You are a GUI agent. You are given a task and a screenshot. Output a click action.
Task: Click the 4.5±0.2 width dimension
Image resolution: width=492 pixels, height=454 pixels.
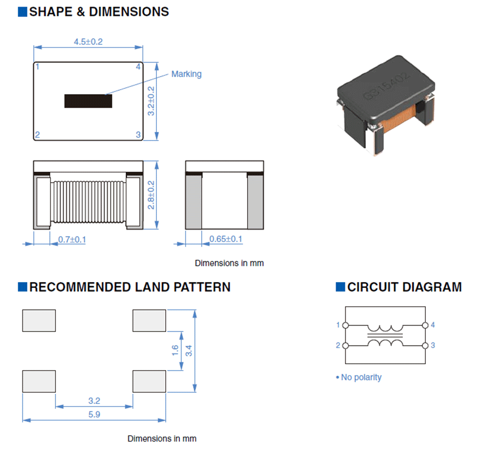[89, 42]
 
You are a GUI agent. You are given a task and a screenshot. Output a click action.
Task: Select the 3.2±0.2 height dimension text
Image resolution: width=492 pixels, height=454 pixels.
[151, 101]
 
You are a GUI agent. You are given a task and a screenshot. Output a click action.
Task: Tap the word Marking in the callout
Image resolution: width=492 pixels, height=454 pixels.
[186, 74]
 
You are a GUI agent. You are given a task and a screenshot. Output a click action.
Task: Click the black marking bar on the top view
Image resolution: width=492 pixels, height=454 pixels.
[88, 101]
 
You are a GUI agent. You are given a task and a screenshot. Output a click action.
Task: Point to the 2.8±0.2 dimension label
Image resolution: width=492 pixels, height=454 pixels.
[151, 195]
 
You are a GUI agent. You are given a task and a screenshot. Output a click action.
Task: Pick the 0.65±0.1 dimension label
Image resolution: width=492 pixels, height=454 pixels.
[226, 239]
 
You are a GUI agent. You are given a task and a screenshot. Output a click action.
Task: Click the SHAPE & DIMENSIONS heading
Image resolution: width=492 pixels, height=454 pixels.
[99, 11]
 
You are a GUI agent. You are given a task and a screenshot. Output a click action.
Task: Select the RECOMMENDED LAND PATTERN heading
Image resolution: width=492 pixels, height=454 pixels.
[130, 287]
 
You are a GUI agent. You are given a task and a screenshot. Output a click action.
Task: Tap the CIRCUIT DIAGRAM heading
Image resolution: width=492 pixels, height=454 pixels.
[405, 287]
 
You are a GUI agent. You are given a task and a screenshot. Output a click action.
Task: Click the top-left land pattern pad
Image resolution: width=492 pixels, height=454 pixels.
[39, 321]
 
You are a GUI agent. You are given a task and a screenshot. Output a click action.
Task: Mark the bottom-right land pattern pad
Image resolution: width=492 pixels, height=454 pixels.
[149, 381]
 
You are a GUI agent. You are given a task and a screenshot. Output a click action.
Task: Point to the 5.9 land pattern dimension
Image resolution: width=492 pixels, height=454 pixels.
[94, 415]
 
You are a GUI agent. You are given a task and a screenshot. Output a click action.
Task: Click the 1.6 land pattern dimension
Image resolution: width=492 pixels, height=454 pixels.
[175, 351]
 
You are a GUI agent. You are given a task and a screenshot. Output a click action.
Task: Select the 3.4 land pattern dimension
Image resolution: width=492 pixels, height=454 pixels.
[189, 351]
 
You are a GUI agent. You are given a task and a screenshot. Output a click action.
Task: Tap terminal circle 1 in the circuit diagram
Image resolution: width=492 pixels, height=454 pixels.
[345, 325]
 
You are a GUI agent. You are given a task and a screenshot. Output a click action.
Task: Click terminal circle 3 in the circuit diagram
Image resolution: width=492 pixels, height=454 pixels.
[425, 346]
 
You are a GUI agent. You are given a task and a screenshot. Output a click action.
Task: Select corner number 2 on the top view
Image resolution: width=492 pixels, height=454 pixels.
[37, 135]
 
